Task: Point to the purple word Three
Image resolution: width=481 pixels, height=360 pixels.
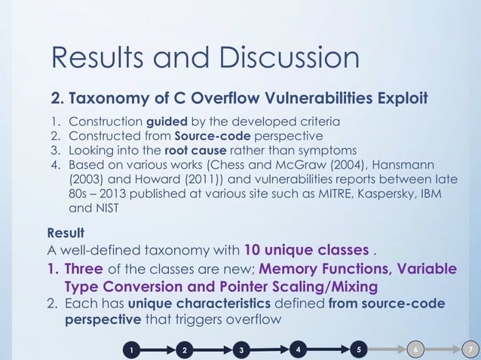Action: coord(83,269)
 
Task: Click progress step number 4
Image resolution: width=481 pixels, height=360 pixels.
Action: coord(299,349)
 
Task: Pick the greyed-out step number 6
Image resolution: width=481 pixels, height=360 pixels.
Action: coord(415,349)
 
